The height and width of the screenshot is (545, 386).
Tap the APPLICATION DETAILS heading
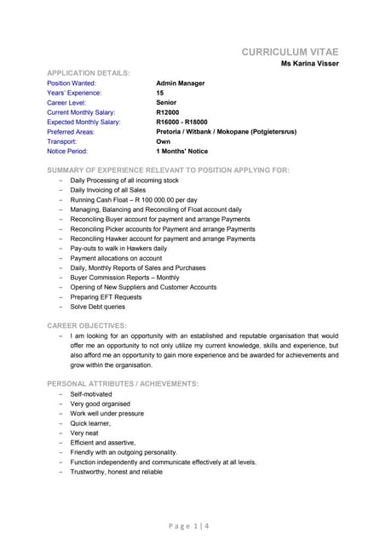88,74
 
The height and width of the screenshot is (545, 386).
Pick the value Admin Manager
181,84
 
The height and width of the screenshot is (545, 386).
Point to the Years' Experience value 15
160,94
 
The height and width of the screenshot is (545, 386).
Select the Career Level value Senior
167,103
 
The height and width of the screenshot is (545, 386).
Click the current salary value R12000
169,112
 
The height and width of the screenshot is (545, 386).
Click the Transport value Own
164,141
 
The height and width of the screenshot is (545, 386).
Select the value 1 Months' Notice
182,151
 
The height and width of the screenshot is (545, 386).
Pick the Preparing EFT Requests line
107,297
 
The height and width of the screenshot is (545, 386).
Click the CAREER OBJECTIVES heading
87,325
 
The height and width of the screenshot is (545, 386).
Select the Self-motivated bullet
90,395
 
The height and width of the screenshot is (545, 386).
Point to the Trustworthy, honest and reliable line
117,472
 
